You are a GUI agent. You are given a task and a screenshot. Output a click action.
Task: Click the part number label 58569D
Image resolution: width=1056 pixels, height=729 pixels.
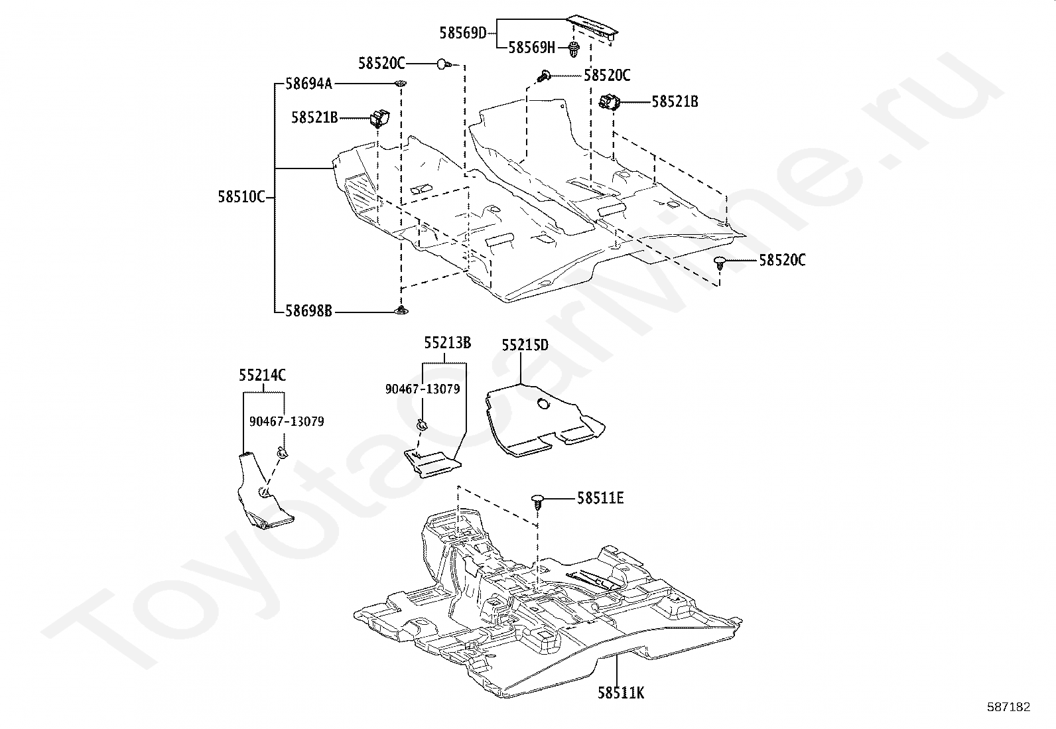pos(463,33)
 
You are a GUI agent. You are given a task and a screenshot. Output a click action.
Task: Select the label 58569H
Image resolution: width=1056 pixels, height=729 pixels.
pos(532,48)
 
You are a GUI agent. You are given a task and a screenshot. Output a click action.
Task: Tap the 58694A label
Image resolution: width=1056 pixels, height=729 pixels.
pos(309,84)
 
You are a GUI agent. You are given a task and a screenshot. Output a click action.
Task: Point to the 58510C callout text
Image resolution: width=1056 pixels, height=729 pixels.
pos(241,196)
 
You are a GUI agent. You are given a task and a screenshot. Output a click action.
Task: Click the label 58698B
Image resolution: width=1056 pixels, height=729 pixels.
pos(309,311)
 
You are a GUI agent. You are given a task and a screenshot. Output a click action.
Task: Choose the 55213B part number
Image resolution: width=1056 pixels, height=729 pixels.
pos(447,343)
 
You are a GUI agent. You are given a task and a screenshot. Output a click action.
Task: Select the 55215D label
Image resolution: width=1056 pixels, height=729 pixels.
pos(525,345)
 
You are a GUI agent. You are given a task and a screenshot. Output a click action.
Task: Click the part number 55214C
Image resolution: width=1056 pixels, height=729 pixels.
pos(262,375)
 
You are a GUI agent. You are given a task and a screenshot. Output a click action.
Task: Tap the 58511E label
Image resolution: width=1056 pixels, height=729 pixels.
pos(600,498)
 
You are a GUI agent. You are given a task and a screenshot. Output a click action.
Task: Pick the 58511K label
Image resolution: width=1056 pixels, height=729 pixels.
pos(621,693)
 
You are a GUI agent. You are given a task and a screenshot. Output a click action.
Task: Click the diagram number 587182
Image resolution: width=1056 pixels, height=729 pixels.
pos(1009,707)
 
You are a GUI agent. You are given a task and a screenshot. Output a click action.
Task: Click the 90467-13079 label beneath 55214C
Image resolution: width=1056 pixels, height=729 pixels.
pos(287,421)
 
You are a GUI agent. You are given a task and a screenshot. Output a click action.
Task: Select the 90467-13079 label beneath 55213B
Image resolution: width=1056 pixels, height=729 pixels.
pos(423,389)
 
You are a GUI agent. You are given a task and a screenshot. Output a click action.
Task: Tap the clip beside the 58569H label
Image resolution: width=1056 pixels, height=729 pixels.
pos(573,49)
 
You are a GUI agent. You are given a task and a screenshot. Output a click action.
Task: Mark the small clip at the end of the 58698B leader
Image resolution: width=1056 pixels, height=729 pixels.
pos(401,310)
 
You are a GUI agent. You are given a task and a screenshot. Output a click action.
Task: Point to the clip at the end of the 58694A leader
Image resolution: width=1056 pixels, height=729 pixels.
pos(401,84)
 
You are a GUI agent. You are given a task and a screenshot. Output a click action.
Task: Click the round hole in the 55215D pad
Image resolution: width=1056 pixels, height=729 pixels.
pos(543,404)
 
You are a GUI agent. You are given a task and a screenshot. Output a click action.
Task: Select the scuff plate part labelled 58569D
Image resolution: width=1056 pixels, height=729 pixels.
pos(592,29)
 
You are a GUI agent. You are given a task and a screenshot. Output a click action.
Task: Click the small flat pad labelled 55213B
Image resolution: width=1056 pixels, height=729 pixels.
pos(432,464)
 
